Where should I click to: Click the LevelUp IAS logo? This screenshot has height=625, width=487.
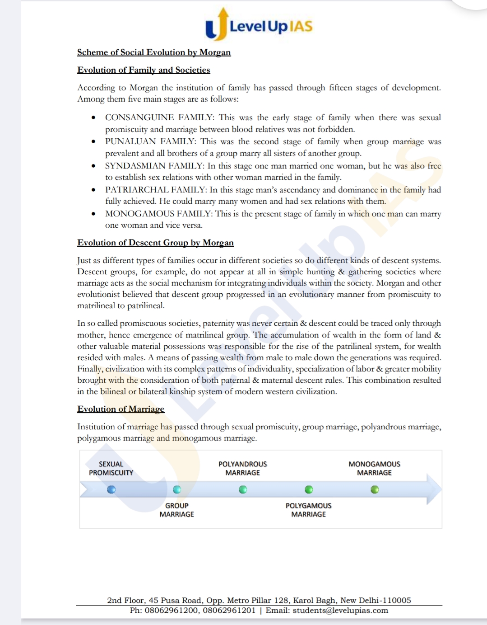click(259, 25)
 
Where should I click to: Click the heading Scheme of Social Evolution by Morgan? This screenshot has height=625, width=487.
click(154, 52)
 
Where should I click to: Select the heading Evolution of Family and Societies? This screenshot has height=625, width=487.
click(144, 70)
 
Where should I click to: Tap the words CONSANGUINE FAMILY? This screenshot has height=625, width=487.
click(159, 117)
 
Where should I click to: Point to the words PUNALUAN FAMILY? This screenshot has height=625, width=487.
click(150, 141)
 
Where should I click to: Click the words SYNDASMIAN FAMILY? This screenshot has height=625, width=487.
click(154, 166)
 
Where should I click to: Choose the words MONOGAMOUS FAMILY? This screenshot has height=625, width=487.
click(158, 214)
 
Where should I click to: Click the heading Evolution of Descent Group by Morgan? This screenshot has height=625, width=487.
click(155, 243)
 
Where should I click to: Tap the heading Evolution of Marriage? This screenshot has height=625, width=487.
click(121, 409)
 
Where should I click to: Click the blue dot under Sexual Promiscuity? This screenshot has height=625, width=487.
click(111, 489)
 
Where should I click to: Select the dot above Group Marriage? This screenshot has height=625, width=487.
click(177, 489)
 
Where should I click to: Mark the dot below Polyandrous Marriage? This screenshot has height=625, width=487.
click(243, 489)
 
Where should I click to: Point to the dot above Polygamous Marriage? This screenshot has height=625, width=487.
click(309, 489)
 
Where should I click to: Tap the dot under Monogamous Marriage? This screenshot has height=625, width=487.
click(375, 489)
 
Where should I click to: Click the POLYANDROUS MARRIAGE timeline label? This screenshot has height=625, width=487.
click(243, 468)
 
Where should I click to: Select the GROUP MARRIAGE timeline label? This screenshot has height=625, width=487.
click(177, 510)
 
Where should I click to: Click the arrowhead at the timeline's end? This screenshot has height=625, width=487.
click(434, 489)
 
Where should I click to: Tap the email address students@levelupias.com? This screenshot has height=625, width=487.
click(340, 611)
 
